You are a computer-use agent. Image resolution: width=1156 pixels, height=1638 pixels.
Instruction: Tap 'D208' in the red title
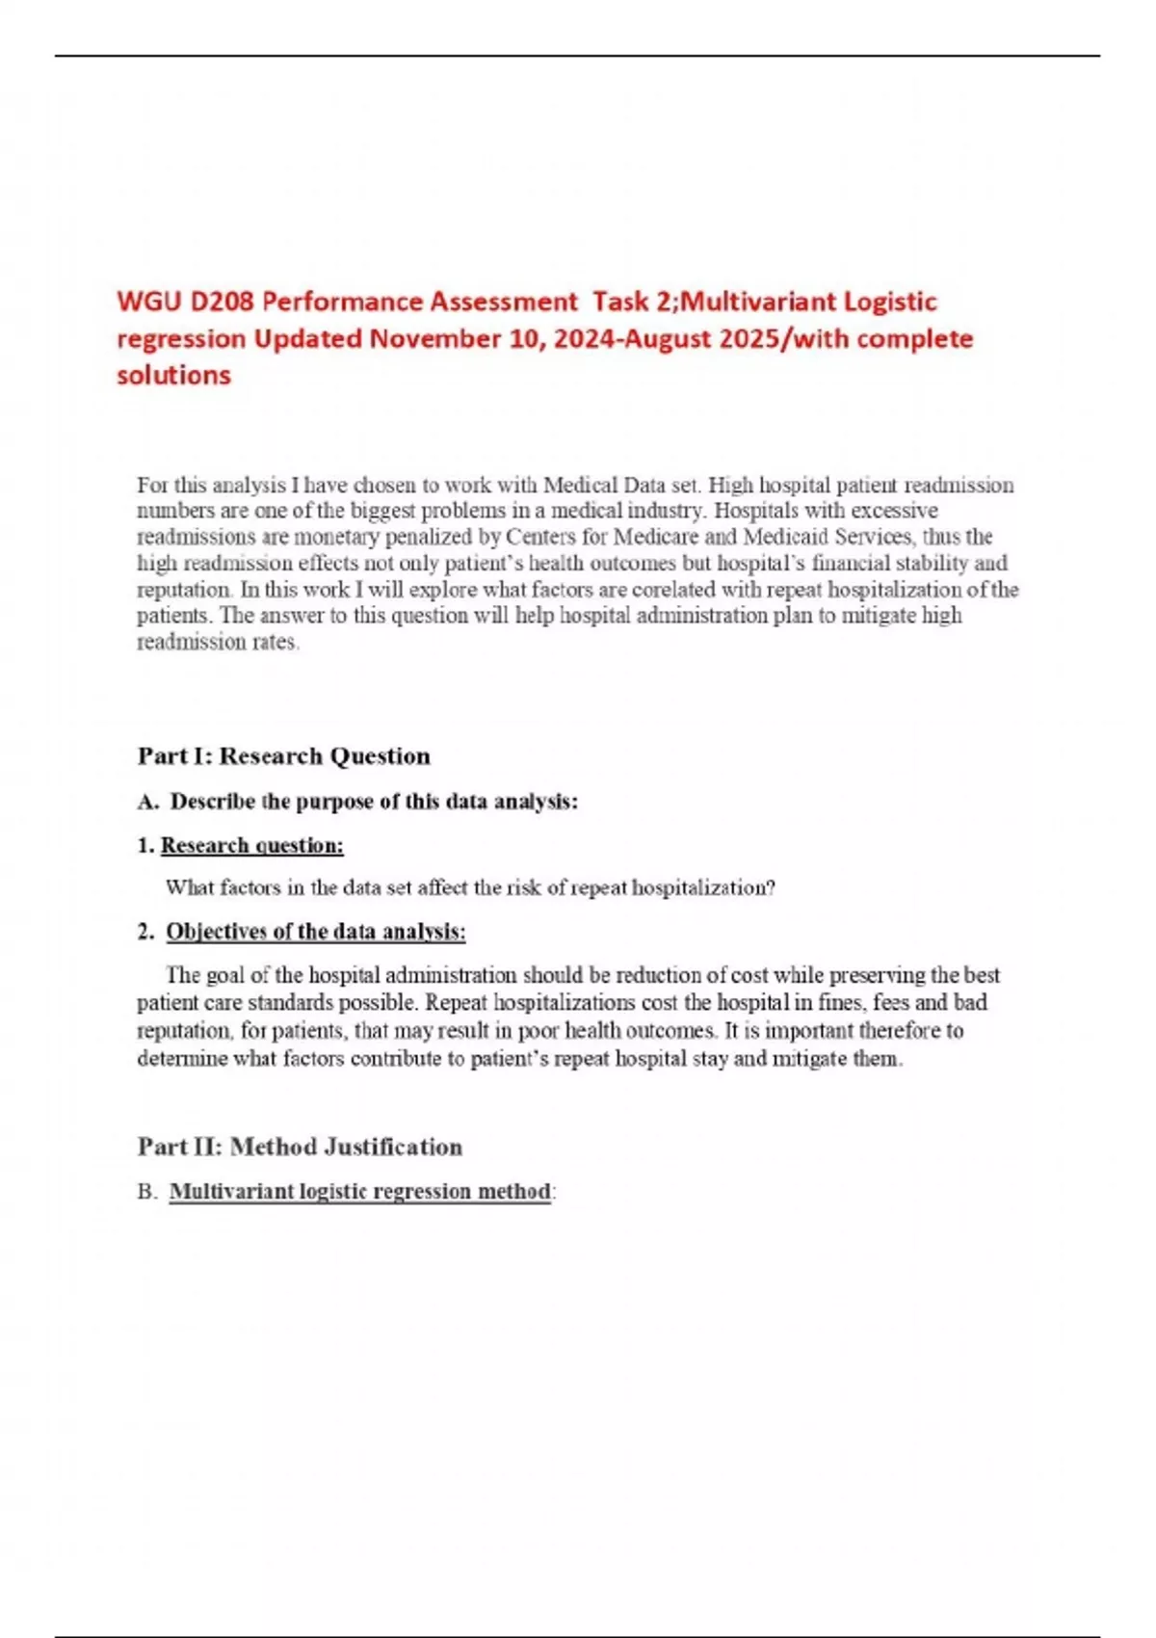(x=222, y=303)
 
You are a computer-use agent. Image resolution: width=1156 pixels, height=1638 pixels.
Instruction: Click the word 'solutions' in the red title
(x=173, y=376)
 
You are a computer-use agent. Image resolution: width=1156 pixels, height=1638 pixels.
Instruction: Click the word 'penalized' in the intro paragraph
(x=448, y=537)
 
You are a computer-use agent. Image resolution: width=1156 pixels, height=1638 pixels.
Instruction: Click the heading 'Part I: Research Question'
(x=283, y=756)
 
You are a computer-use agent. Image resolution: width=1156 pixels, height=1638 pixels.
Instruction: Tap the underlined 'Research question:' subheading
(x=251, y=846)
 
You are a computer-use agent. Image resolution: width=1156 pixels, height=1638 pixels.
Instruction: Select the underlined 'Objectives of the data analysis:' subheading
(x=315, y=932)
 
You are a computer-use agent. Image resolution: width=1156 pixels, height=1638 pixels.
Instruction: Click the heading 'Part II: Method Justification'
(x=300, y=1147)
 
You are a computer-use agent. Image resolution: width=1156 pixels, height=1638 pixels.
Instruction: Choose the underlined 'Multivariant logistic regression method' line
(x=359, y=1192)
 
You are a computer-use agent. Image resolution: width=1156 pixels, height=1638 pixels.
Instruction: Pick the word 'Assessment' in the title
(x=503, y=303)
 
